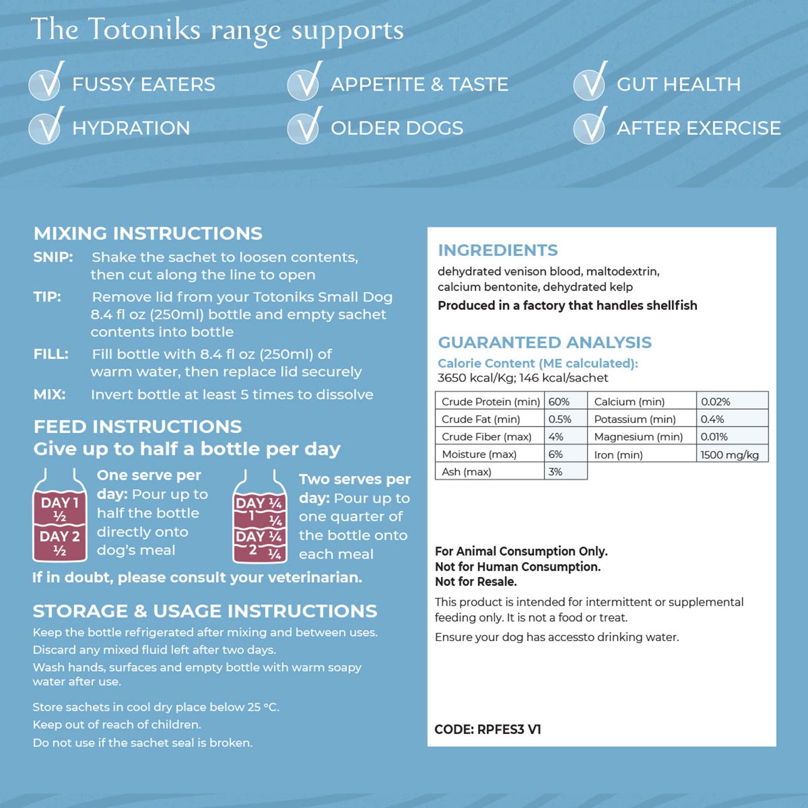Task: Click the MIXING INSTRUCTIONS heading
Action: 148,233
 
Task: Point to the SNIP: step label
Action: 53,257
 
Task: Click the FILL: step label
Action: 51,354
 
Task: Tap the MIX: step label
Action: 50,395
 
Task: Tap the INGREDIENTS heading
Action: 497,250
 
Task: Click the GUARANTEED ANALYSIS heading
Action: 545,343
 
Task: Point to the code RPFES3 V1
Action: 509,730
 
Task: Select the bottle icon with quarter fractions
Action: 260,517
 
